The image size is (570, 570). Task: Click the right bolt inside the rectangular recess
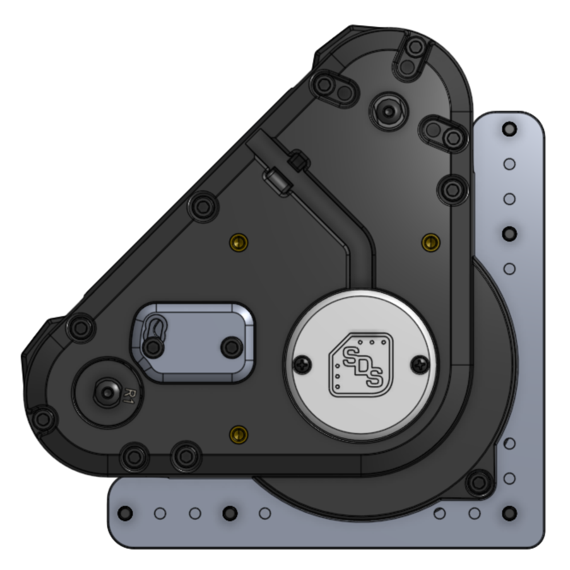pos(231,347)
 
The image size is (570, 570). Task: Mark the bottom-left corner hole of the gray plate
pos(125,512)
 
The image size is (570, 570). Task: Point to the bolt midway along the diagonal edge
pos(203,206)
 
